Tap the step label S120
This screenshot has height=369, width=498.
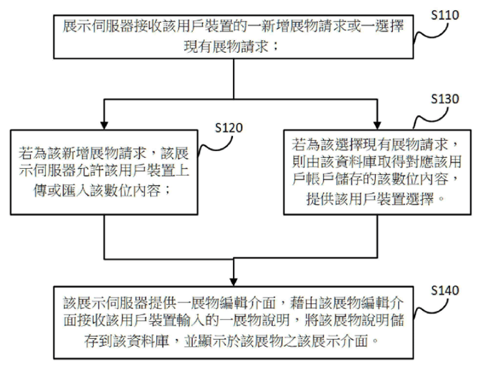tap(229, 129)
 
